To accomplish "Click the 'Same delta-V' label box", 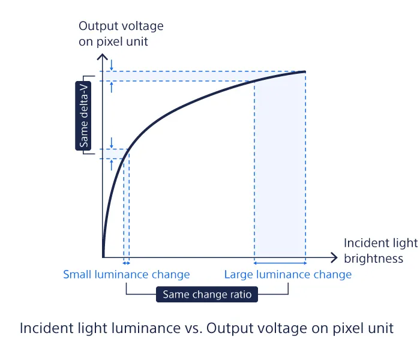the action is point(83,116).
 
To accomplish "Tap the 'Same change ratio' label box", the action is point(207,295).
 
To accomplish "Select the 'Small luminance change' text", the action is point(127,275).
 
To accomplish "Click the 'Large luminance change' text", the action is point(288,275).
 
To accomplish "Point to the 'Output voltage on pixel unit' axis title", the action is point(121,34).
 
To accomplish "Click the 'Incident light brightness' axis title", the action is point(380,251).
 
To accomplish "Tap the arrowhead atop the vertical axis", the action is point(103,56).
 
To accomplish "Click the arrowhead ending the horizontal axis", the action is point(334,257).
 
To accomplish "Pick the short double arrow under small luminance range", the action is point(127,263).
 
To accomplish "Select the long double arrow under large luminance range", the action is point(280,263).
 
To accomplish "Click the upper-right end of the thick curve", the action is point(305,72).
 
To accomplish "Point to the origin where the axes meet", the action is point(103,257).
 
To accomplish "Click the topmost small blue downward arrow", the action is point(112,65).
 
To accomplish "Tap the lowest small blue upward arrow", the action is point(112,165).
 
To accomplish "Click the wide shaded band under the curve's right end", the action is point(280,169).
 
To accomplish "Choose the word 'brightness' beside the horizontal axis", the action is point(374,259).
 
